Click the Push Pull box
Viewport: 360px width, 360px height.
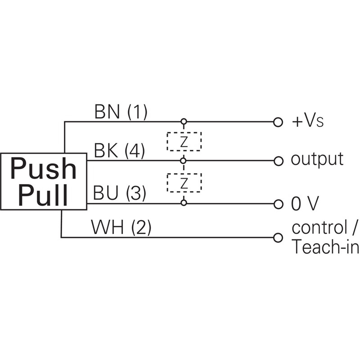[43, 181]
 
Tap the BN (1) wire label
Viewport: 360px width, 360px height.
[121, 112]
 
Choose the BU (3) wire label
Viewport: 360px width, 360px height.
[119, 194]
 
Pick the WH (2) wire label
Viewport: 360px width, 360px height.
[121, 228]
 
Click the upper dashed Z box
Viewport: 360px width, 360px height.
[184, 141]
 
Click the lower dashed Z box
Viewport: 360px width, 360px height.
[184, 182]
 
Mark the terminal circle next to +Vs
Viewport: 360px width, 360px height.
[278, 122]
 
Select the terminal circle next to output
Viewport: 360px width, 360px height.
[278, 161]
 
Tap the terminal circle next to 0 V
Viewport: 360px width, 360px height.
[278, 203]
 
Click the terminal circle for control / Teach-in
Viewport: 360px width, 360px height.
[278, 237]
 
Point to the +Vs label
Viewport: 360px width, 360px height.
[308, 121]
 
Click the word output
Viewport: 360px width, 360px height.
[317, 159]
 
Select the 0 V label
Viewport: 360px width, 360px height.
[305, 204]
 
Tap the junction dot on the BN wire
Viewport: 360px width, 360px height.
[184, 122]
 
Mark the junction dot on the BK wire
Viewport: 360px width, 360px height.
[184, 161]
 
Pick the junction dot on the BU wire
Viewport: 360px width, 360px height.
[184, 203]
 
